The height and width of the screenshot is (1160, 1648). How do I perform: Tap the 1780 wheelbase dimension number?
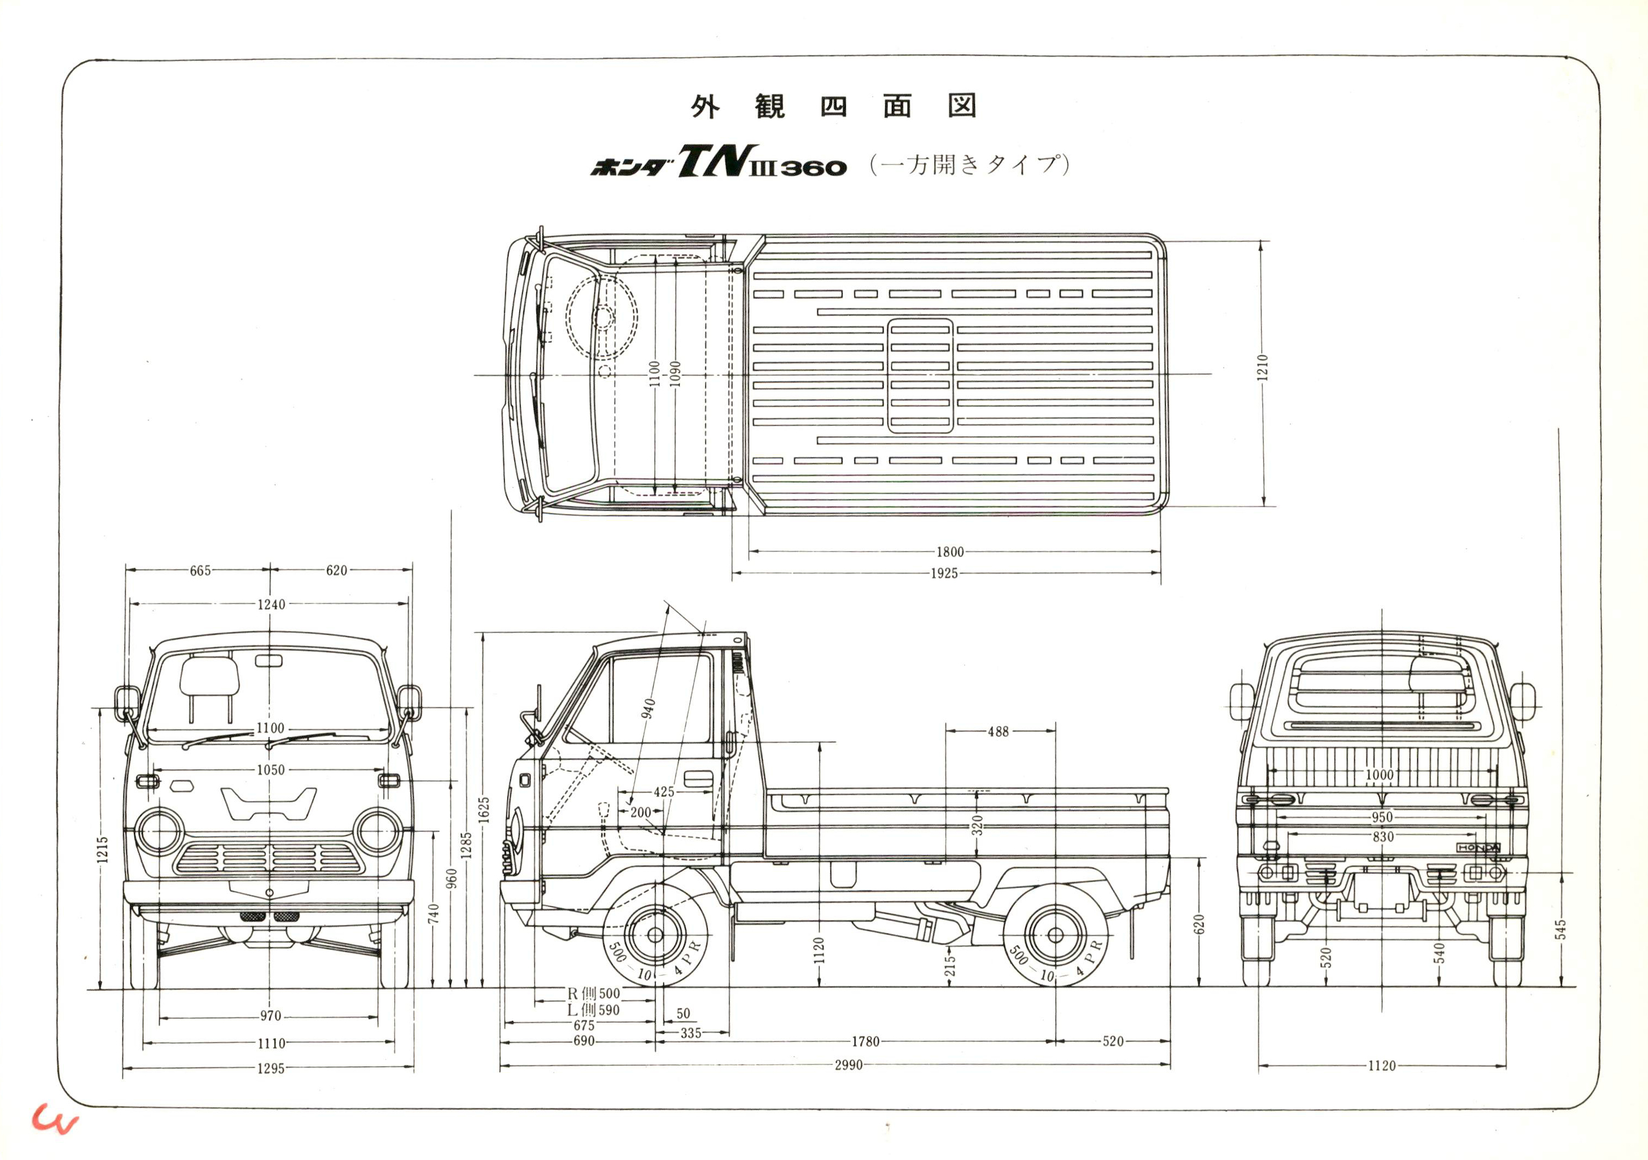pos(865,1041)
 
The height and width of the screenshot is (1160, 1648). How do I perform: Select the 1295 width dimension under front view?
pos(271,1068)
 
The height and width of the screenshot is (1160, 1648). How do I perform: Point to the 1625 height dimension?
pos(484,810)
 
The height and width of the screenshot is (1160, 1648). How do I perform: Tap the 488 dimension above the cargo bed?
pos(998,731)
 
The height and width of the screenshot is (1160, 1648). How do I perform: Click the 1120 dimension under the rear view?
pos(1382,1066)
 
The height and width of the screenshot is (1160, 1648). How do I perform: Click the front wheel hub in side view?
pos(654,935)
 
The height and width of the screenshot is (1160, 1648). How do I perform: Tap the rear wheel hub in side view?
pos(1055,935)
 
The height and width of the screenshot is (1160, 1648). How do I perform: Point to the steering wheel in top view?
pos(601,316)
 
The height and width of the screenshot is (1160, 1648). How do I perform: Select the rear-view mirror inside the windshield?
pos(268,660)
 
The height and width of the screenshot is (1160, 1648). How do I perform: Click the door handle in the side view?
pos(698,779)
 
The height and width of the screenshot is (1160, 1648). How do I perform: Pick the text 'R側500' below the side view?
pos(594,993)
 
